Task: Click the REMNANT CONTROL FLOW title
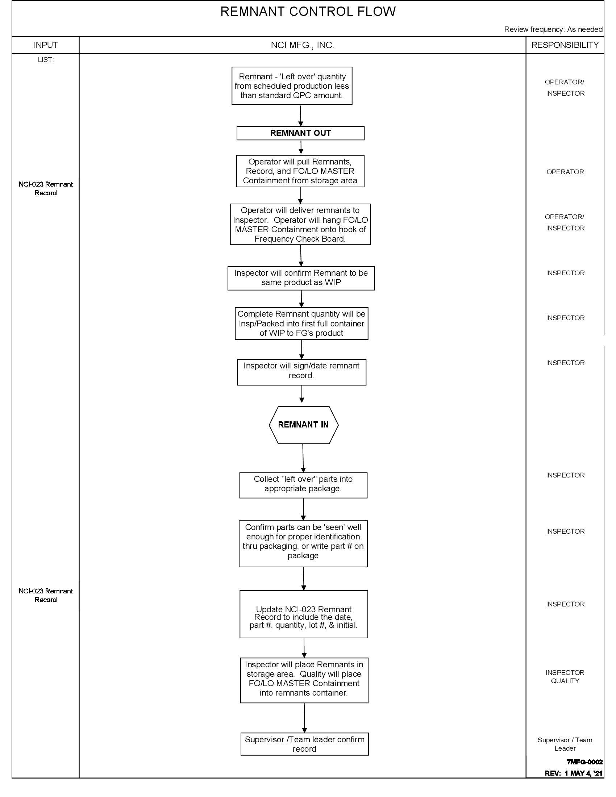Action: [308, 12]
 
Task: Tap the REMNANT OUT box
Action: [300, 133]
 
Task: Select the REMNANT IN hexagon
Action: [303, 425]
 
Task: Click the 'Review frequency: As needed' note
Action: [553, 29]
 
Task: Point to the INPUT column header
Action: [46, 45]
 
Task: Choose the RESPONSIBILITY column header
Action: [565, 45]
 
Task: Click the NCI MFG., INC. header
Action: [302, 45]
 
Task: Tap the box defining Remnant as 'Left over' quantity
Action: [292, 86]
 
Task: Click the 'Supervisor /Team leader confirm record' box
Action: [304, 744]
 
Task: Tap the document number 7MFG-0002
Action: [584, 762]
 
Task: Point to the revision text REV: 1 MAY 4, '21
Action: [573, 773]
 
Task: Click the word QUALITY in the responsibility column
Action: [565, 681]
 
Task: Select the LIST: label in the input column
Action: [46, 60]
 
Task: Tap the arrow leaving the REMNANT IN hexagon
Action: [303, 458]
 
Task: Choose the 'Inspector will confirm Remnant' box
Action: [301, 278]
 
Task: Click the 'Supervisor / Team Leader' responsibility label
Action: [565, 744]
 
